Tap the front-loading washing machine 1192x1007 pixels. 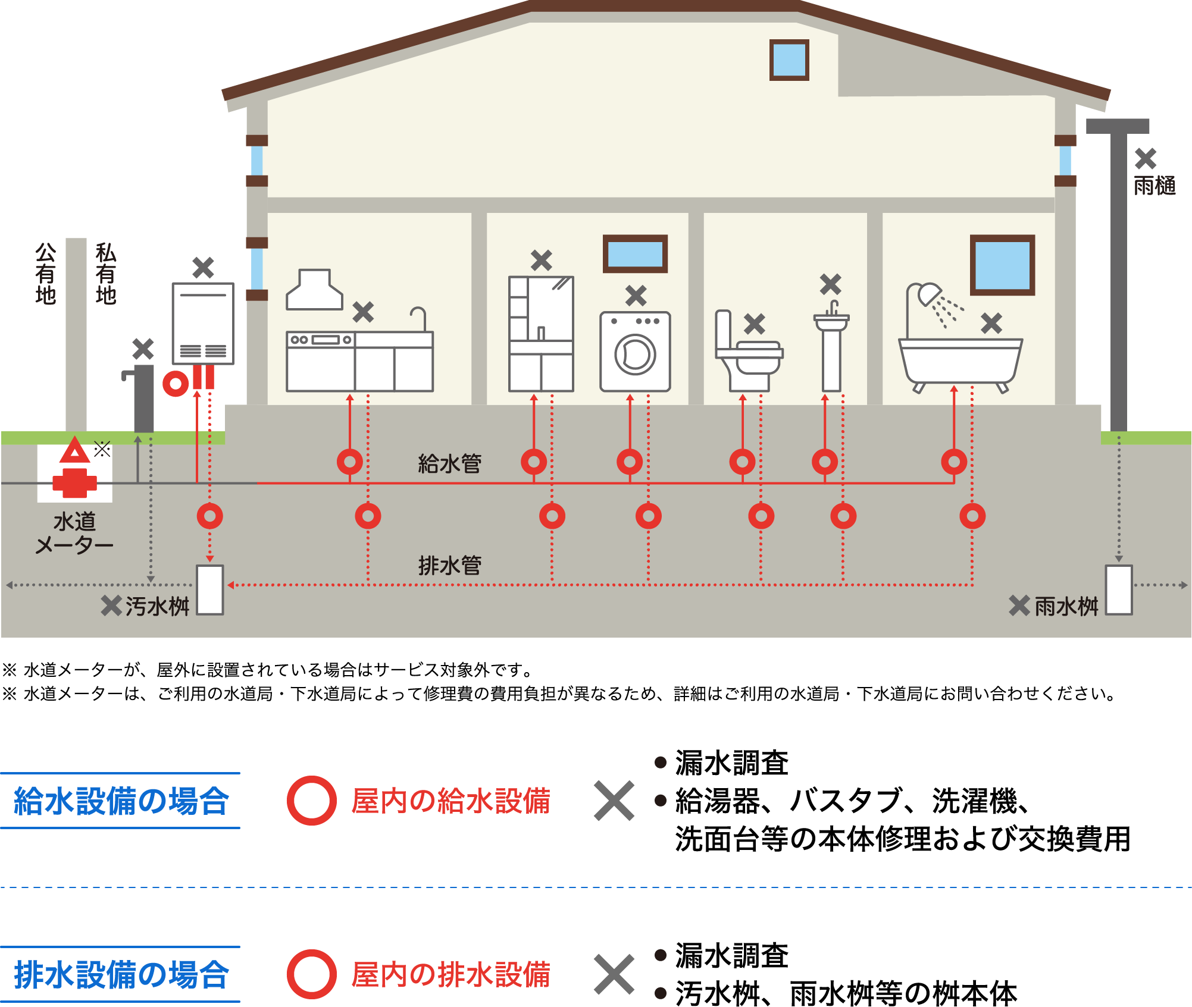point(635,352)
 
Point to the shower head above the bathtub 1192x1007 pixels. point(930,293)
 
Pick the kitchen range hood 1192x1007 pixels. point(314,290)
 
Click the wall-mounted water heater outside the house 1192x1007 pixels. point(203,323)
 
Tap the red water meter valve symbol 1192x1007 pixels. point(74,483)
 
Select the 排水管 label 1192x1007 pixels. point(450,565)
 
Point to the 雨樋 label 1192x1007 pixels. point(1155,186)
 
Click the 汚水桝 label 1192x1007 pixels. point(157,606)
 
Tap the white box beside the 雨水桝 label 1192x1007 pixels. point(1119,589)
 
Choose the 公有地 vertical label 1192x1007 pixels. point(45,274)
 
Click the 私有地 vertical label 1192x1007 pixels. point(106,274)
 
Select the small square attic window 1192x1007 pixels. point(789,59)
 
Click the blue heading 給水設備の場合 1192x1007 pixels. point(121,801)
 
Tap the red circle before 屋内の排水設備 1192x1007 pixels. point(312,974)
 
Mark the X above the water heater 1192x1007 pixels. point(203,268)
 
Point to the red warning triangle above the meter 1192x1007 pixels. point(74,451)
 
